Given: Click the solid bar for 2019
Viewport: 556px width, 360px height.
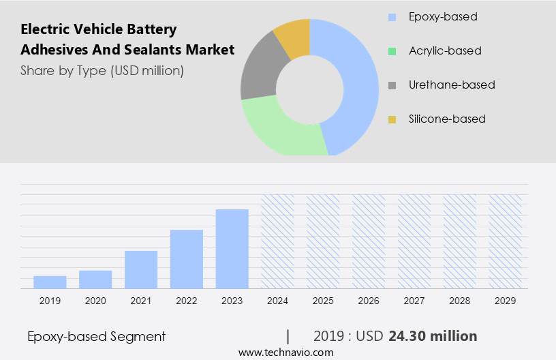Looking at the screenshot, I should (x=50, y=282).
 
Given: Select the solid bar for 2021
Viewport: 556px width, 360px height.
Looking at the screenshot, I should (x=141, y=269).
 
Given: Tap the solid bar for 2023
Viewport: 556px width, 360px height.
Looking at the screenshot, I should (x=232, y=248).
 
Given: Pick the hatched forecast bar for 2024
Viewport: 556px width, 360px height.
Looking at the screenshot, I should (x=278, y=241).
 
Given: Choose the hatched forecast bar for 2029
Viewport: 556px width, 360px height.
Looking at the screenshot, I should (x=506, y=241).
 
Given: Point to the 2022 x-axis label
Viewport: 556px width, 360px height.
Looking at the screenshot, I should (x=187, y=300).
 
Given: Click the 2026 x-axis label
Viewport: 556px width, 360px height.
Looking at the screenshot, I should (x=369, y=300).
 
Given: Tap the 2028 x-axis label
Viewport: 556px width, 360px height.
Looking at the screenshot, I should (x=460, y=300).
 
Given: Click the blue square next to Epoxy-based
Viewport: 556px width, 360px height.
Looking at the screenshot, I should (x=392, y=17).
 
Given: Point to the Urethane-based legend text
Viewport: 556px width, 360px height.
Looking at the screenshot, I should (x=452, y=85).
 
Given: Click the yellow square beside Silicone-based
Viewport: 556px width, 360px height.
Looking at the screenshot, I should (x=392, y=119).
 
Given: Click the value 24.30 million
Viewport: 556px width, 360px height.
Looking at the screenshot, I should (x=433, y=336).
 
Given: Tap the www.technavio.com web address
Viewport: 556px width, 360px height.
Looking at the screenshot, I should (x=286, y=352).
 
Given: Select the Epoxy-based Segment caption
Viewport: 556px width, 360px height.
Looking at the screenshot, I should (x=97, y=336).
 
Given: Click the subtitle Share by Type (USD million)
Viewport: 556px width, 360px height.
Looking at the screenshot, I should (x=102, y=70).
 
